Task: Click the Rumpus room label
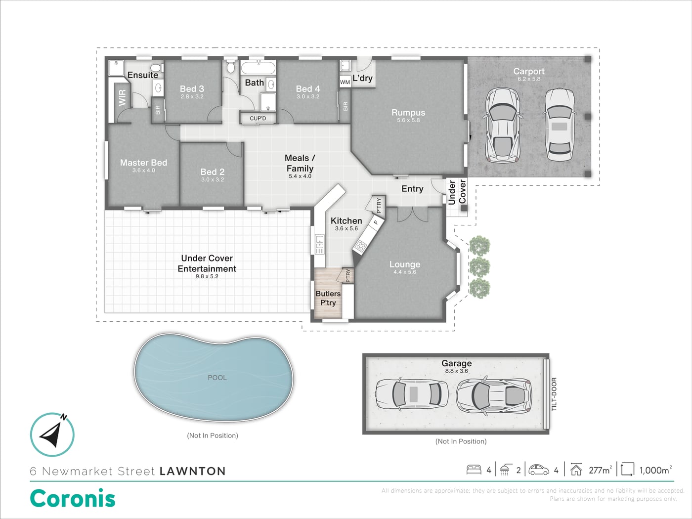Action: click(x=408, y=113)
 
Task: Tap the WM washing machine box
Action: click(x=345, y=82)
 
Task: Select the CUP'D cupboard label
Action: click(x=258, y=119)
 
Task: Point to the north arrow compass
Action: click(x=52, y=434)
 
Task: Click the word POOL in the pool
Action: click(x=217, y=378)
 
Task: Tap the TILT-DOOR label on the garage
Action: click(x=554, y=394)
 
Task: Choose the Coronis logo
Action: click(x=73, y=498)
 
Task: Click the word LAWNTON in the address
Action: click(x=193, y=472)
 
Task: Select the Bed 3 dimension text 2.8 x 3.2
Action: click(x=192, y=97)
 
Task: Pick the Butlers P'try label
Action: click(x=328, y=298)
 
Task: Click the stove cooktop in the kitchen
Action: click(x=360, y=246)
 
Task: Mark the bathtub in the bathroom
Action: click(x=258, y=68)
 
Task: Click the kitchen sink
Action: click(x=319, y=244)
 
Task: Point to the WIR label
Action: click(x=122, y=97)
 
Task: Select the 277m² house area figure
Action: click(x=600, y=470)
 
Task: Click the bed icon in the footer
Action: click(x=474, y=470)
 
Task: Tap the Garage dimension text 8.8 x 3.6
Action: click(x=456, y=371)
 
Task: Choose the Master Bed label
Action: click(x=143, y=163)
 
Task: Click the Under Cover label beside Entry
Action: click(x=457, y=192)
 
